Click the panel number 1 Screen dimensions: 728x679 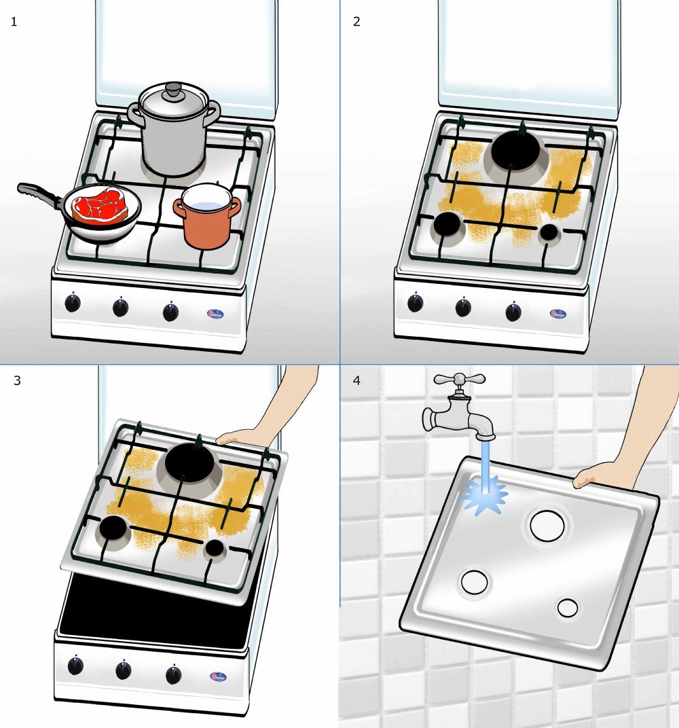click(x=14, y=21)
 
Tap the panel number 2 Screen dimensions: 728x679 click(x=356, y=21)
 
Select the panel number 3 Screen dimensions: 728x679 click(x=17, y=380)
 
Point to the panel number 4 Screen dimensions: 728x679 click(x=357, y=380)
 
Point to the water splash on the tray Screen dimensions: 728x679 click(x=485, y=492)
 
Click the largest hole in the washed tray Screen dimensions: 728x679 click(x=547, y=526)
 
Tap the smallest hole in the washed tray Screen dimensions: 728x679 click(x=568, y=608)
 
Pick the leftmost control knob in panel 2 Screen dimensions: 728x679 click(x=415, y=303)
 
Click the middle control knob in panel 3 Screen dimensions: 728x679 click(x=123, y=671)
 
